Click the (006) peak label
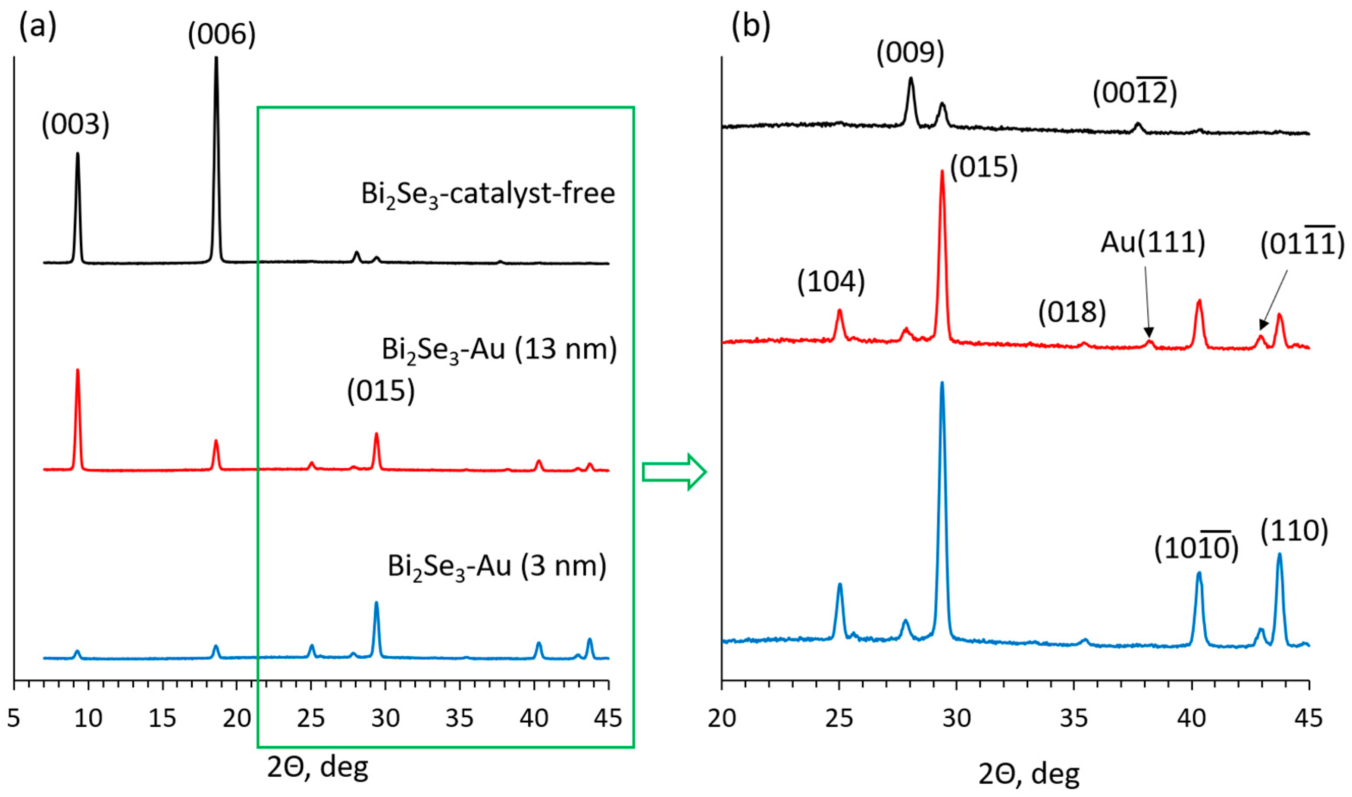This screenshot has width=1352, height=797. tap(222, 35)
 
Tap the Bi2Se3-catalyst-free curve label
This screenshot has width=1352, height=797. tap(488, 194)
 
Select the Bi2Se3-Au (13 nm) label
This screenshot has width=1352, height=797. tap(499, 350)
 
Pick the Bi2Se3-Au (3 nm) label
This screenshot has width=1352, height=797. tap(497, 567)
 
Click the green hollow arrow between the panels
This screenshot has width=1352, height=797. tap(674, 472)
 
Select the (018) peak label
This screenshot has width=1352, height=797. tap(1071, 313)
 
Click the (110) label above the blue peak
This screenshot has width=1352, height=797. tap(1293, 531)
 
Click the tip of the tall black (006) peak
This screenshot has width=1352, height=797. tap(216, 58)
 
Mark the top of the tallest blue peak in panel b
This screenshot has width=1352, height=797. tap(942, 383)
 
